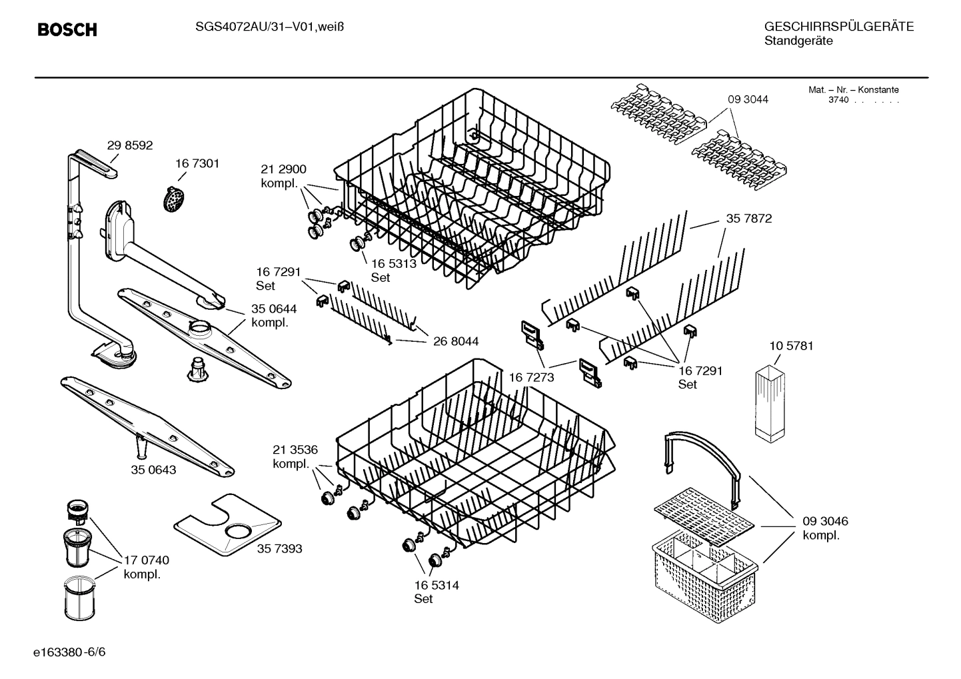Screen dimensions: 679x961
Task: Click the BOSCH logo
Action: pos(67,30)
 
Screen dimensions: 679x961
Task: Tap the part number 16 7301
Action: pos(197,163)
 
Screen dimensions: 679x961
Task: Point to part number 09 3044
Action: pos(748,99)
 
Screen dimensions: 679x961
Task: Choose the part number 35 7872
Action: pos(748,219)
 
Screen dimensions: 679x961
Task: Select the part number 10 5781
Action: pos(791,346)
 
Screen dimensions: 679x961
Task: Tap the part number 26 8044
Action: pos(456,341)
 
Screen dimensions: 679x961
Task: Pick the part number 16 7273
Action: pos(531,378)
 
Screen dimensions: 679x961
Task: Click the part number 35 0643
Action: pos(153,470)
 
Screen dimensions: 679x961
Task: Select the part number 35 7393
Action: pos(279,548)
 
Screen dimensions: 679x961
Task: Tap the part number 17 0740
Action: pos(147,560)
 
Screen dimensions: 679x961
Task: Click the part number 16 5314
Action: pos(436,585)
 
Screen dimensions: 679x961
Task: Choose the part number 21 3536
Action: pos(295,449)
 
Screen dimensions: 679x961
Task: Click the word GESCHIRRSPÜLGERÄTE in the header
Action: pos(838,27)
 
